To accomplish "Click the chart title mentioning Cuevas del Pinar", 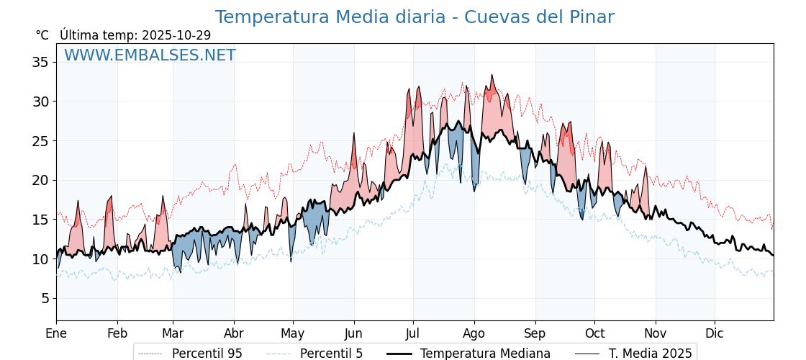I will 415,17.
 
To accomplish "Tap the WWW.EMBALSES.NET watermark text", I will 150,55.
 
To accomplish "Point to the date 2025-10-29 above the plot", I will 176,35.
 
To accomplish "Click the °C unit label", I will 42,35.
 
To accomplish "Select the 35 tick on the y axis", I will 40,62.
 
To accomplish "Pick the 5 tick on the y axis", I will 45,298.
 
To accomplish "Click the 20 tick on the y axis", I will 40,180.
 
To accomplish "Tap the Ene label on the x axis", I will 56,333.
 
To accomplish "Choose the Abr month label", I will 234,333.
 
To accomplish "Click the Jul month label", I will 413,333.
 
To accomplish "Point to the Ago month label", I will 474,333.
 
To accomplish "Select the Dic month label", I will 715,333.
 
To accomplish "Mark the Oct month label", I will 594,333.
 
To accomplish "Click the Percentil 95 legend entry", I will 207,354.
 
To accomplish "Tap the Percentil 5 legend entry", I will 331,354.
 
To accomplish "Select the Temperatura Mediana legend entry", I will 485,354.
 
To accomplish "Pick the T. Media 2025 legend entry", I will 650,354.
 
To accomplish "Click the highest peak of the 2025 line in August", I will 492,75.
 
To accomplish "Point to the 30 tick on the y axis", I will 40,102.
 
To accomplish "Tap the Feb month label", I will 117,333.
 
